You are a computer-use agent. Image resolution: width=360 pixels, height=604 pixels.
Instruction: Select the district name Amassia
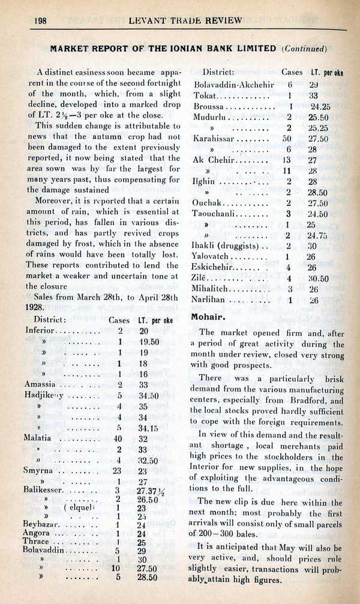coord(41,384)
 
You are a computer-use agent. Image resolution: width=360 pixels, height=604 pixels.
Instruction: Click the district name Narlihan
coord(209,300)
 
